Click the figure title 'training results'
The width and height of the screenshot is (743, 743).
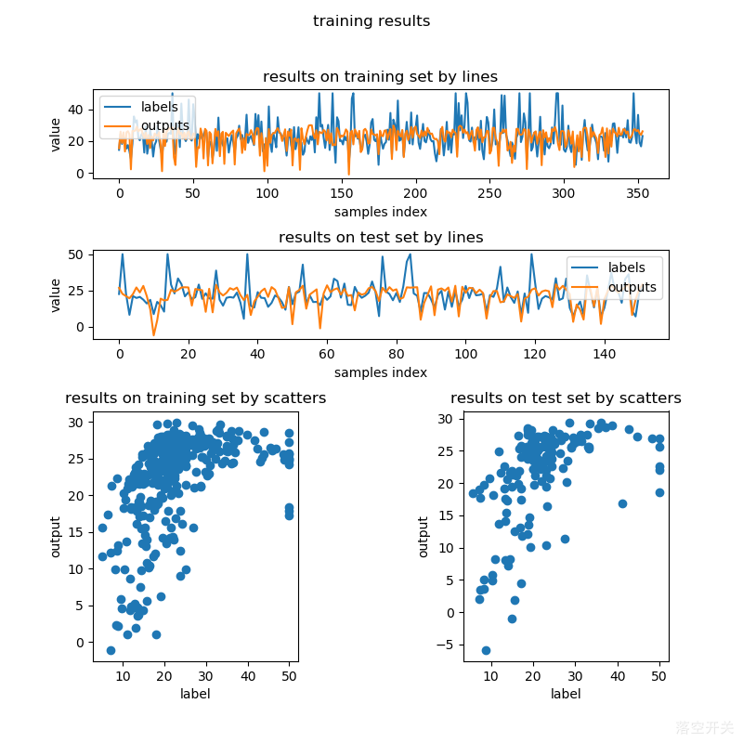click(371, 20)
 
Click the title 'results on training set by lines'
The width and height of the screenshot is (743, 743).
click(380, 76)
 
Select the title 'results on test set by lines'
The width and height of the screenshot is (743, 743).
click(381, 238)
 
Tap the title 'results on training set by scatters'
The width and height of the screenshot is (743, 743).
click(195, 398)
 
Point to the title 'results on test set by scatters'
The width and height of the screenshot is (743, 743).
click(566, 398)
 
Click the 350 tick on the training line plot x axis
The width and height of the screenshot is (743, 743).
click(638, 193)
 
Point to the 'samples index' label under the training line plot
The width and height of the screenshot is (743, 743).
click(381, 212)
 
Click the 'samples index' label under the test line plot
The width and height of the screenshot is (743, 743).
click(381, 372)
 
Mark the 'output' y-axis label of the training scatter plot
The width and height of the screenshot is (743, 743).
click(56, 537)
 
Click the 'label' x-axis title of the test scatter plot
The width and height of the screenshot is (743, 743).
click(566, 694)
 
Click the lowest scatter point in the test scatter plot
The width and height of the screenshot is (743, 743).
click(486, 650)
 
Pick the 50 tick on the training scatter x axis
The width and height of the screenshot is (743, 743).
click(289, 676)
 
